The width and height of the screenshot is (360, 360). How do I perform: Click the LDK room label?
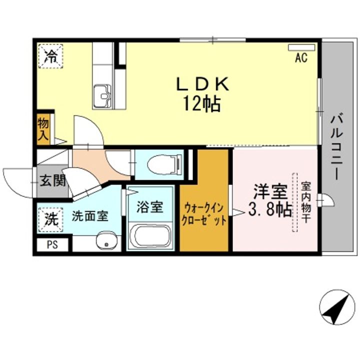[x=202, y=84]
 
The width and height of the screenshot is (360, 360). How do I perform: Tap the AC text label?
[x=301, y=57]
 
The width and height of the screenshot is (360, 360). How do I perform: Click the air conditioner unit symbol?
[x=301, y=47]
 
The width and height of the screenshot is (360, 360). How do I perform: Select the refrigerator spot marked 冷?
[x=50, y=56]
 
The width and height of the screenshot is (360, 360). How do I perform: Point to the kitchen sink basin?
[x=102, y=96]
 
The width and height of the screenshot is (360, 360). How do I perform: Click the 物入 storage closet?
[x=43, y=129]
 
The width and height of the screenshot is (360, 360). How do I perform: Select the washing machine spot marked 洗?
[x=50, y=220]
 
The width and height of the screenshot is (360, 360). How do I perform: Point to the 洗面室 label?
[x=90, y=216]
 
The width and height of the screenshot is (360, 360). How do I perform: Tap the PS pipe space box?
[x=52, y=245]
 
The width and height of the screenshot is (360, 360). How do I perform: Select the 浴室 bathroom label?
[x=149, y=207]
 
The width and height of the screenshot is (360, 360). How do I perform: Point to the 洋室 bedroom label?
[x=270, y=192]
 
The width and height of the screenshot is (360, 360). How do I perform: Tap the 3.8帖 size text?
[x=270, y=209]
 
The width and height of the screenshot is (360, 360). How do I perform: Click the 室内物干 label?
[x=306, y=202]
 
